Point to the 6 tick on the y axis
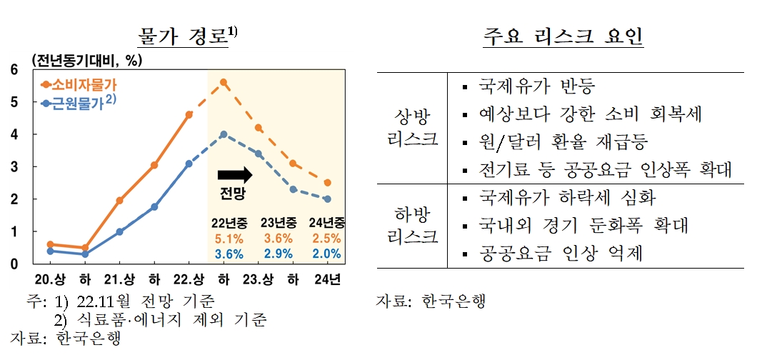coord(14,69)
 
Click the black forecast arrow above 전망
coord(235,174)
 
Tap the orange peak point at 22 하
coord(224,82)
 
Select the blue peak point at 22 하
coord(224,134)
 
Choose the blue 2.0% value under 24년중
coord(327,254)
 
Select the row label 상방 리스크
coord(412,127)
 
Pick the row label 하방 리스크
coord(412,225)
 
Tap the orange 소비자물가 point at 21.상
coord(119,201)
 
